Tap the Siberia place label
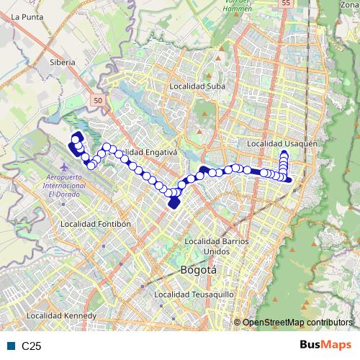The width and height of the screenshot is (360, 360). [x=63, y=63]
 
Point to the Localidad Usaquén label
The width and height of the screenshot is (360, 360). [x=282, y=144]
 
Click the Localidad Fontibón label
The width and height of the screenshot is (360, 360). [x=96, y=224]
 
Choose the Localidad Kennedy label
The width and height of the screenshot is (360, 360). [x=61, y=316]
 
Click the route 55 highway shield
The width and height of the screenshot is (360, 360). [x=287, y=4]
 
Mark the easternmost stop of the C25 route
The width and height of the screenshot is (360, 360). [x=289, y=179]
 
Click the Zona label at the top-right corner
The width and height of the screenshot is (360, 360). [x=349, y=5]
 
